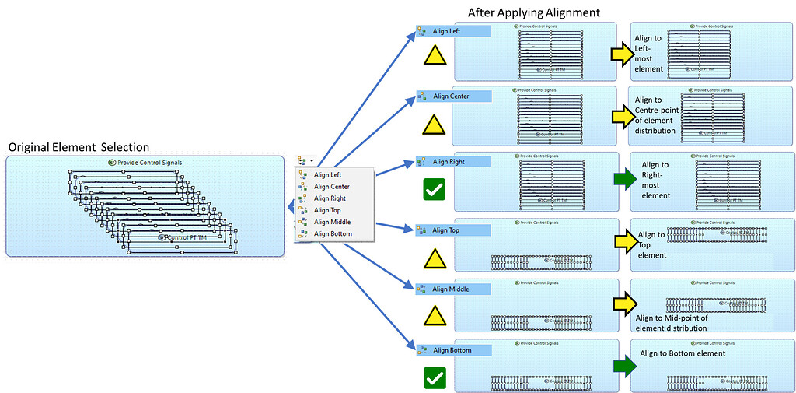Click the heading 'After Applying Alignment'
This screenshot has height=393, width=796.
534,13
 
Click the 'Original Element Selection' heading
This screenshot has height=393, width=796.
78,147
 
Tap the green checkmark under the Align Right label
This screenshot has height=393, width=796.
435,188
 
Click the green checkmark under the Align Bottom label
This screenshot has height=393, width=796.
435,377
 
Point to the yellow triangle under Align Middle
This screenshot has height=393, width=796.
435,315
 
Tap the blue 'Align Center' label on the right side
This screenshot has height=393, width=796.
453,96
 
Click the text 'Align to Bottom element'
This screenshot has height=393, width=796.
683,353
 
